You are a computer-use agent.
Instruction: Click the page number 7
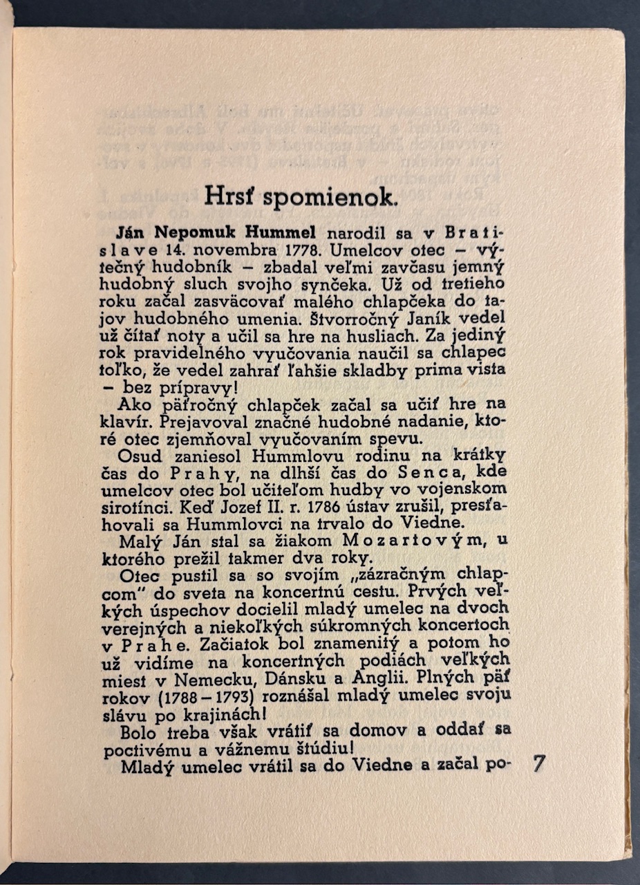[540, 764]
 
